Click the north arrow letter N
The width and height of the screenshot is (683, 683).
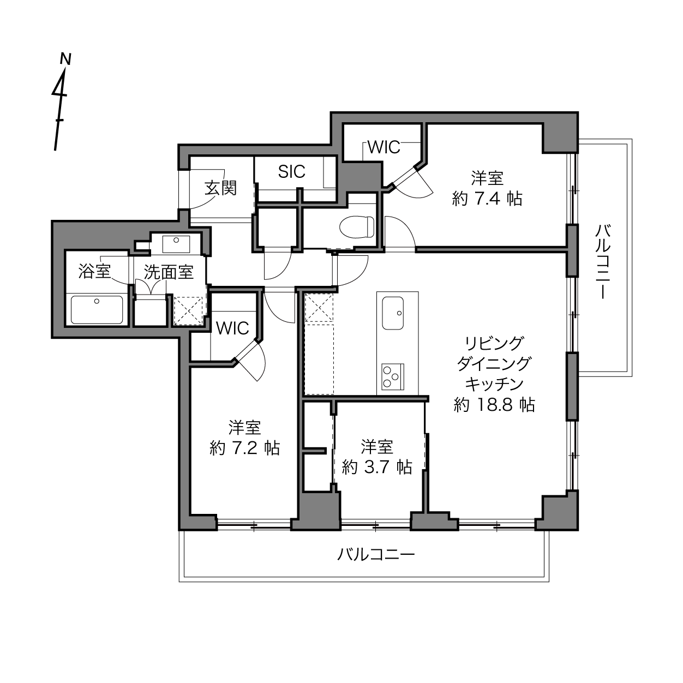[66, 59]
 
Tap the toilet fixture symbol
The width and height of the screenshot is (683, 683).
[357, 227]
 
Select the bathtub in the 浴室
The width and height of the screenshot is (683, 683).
[97, 310]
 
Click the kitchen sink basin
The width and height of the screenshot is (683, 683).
[393, 313]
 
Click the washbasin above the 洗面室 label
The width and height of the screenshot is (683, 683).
[176, 244]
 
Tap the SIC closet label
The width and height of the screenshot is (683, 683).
[292, 172]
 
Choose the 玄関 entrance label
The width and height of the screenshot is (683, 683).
[221, 188]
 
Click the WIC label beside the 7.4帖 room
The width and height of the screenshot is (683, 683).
[384, 147]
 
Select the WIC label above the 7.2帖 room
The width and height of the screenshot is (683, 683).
[232, 328]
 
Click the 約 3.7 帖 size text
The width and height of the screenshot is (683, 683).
[377, 467]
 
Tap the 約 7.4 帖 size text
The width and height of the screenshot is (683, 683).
[487, 199]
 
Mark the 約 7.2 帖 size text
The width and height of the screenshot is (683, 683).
[244, 448]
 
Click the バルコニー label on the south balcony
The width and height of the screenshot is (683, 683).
[376, 554]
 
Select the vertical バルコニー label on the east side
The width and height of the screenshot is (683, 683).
[603, 261]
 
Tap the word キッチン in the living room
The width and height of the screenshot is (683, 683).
[494, 384]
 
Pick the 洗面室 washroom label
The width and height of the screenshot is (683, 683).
[169, 272]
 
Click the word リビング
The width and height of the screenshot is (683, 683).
[494, 343]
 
